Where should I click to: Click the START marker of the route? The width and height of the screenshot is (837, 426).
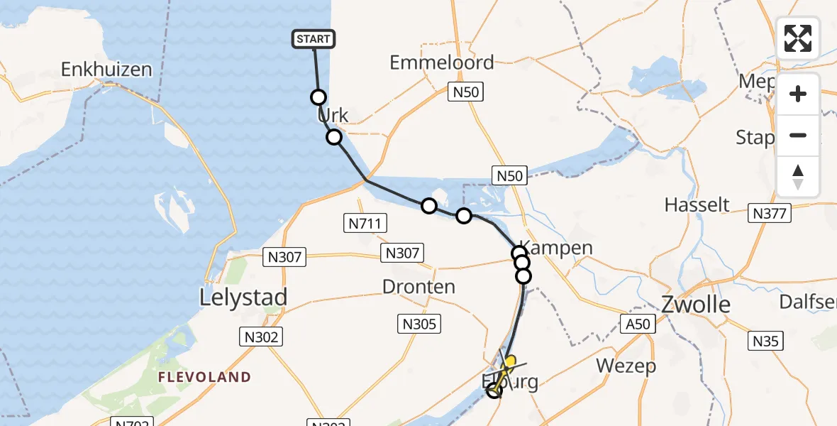(x=313, y=39)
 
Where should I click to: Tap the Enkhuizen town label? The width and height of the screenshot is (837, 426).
(x=106, y=70)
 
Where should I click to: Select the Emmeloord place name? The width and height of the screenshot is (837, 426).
(x=442, y=62)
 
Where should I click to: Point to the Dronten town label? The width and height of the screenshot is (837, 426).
(x=418, y=287)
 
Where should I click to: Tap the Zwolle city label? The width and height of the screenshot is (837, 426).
(x=695, y=305)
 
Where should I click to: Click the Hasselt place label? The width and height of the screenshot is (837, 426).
(x=697, y=205)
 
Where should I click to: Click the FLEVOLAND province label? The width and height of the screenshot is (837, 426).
(x=204, y=376)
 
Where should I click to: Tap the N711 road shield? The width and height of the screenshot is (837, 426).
(x=366, y=224)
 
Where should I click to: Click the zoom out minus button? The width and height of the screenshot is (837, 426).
(x=798, y=135)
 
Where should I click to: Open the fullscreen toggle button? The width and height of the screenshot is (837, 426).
(x=798, y=38)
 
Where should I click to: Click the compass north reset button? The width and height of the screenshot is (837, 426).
(x=798, y=177)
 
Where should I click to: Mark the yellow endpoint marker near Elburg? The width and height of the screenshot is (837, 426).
(x=509, y=361)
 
